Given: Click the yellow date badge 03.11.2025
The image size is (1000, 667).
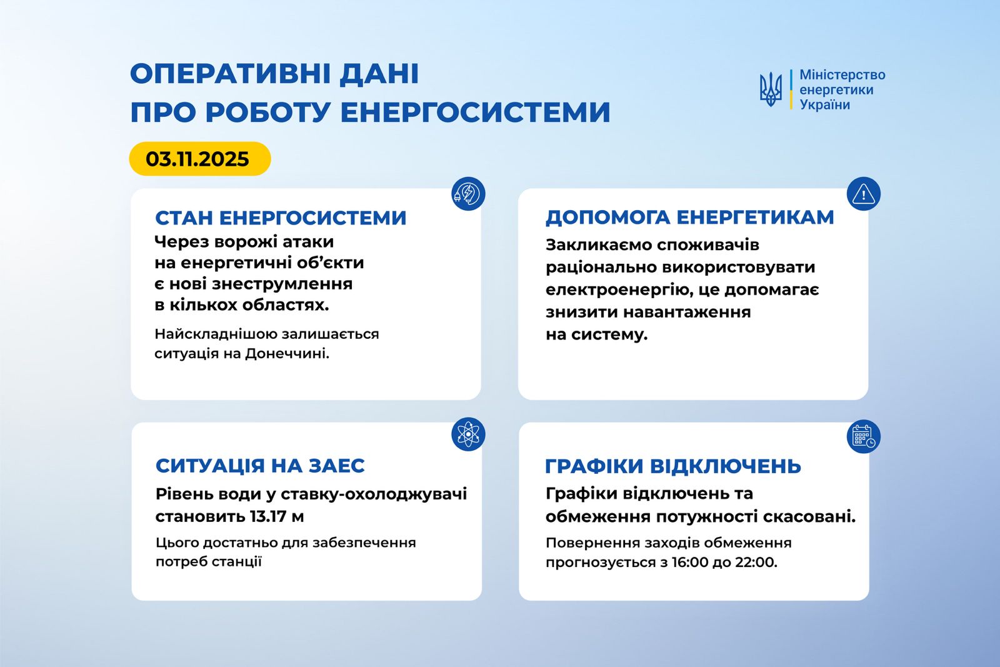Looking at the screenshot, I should (x=199, y=159).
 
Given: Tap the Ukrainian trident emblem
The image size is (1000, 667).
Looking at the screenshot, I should (x=771, y=89).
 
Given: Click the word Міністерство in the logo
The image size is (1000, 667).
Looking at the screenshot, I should (x=842, y=75).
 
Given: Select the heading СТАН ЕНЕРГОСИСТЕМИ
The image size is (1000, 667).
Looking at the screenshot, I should (x=281, y=218).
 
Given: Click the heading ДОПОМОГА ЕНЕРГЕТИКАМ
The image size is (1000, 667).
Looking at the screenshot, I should (x=689, y=217).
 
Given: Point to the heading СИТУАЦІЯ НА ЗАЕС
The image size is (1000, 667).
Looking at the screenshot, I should (x=260, y=466).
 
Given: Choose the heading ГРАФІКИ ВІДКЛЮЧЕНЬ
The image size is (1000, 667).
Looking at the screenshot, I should (x=672, y=466).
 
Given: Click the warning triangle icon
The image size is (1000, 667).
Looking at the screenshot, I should (x=863, y=194).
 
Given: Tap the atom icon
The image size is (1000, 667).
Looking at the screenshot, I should (x=468, y=434).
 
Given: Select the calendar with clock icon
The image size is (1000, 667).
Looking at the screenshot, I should (x=863, y=436).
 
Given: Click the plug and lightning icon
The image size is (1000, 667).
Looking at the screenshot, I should (x=468, y=194).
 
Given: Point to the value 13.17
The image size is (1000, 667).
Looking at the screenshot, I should (x=268, y=517).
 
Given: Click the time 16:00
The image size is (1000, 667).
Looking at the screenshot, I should (x=690, y=562).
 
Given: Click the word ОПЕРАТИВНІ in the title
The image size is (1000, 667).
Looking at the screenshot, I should (x=230, y=74).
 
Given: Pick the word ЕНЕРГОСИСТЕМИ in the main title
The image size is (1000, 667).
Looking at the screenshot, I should (x=475, y=113).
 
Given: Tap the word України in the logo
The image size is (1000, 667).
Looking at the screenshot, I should (x=824, y=105).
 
